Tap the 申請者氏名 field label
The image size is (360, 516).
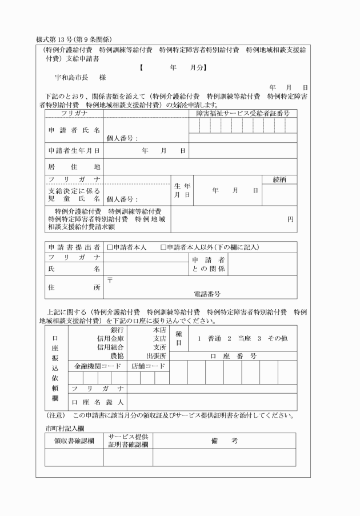point(74,131)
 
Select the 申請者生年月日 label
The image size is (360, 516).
point(74,151)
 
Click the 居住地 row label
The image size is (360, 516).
point(74,167)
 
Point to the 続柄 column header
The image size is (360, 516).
point(280,179)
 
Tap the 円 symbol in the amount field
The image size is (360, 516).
point(290,219)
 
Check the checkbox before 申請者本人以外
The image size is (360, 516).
point(163,247)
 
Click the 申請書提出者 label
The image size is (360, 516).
point(74,247)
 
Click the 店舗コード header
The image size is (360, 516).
point(148,365)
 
